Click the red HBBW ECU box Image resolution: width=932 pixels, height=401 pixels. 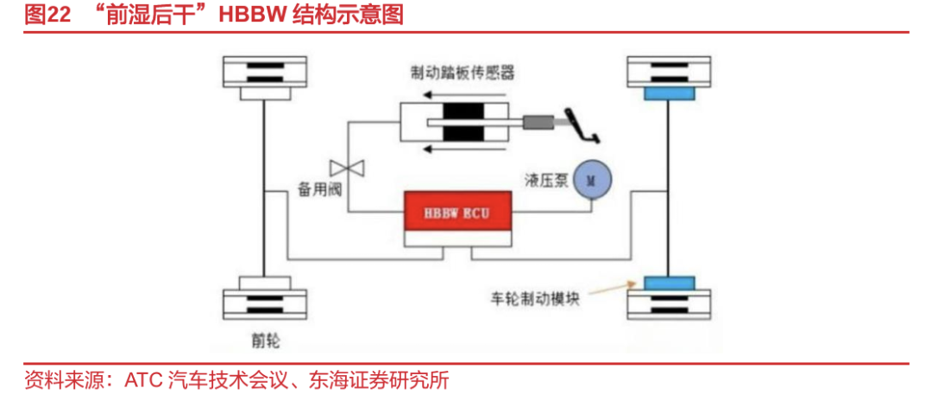[x=457, y=212]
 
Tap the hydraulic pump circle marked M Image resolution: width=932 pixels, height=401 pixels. [x=591, y=180]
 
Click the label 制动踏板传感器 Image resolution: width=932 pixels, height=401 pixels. [x=463, y=73]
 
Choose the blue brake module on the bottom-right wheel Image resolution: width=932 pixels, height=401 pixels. [x=668, y=283]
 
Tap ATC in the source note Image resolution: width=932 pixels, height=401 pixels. [x=143, y=380]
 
